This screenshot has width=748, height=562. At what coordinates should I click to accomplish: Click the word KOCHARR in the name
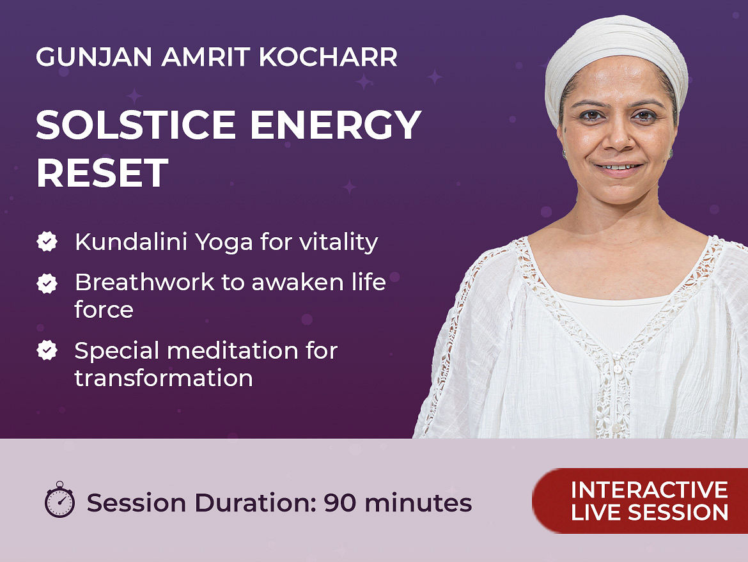tap(328, 57)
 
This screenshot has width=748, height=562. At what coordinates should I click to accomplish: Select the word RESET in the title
tap(102, 173)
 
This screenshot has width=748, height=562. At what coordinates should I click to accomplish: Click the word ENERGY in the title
tap(336, 125)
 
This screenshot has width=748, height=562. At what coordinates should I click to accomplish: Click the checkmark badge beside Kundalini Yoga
tap(47, 242)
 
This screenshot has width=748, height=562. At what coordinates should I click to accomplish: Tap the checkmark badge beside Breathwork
tap(47, 283)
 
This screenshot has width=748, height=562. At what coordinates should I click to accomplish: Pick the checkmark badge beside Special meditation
tap(47, 350)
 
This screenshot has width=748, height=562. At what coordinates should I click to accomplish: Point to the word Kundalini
tap(130, 242)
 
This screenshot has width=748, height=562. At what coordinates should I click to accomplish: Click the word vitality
tap(338, 242)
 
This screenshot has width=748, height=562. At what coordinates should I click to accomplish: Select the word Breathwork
tap(144, 282)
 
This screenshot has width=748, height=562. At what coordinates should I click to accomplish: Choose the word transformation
tap(164, 378)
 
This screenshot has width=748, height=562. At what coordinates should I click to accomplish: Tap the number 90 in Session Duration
tap(339, 503)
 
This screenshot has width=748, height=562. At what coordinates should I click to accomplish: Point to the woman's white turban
tap(617, 58)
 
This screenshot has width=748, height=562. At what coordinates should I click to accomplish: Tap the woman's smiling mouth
tap(618, 168)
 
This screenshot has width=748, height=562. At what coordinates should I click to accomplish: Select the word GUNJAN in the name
tap(94, 57)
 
